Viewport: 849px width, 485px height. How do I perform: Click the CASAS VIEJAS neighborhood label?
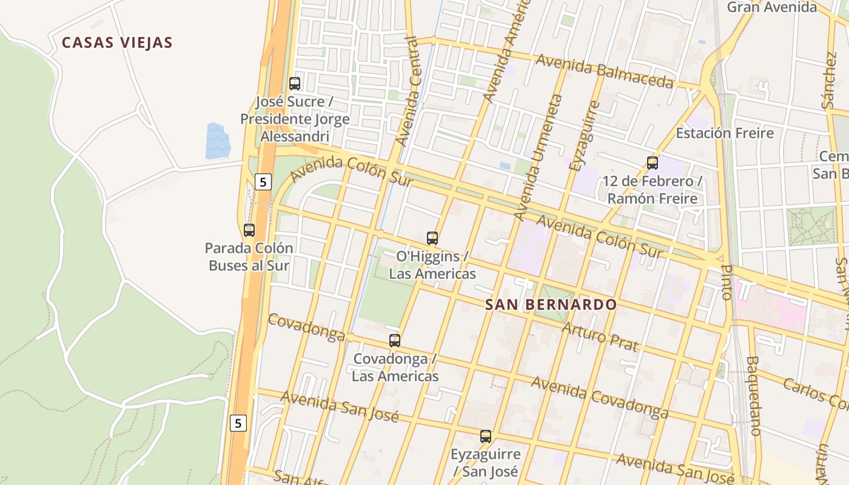[x=117, y=42]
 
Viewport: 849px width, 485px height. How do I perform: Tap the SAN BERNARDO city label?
[x=551, y=304]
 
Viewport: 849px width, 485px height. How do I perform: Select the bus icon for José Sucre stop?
[x=295, y=84]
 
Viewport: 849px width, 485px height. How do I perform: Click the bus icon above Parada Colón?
[x=249, y=230]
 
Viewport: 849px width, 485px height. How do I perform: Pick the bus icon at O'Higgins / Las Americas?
[x=432, y=238]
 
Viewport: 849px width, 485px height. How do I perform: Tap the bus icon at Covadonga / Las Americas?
[x=395, y=341]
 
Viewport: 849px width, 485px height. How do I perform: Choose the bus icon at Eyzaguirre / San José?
[x=486, y=436]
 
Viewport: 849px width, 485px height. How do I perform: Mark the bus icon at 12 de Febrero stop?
[x=653, y=163]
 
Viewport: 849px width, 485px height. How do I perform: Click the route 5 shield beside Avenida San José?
[x=238, y=423]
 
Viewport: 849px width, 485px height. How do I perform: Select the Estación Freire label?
[x=725, y=133]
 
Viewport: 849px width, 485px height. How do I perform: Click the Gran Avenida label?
[x=771, y=7]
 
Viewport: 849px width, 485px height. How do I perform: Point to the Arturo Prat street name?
[x=600, y=337]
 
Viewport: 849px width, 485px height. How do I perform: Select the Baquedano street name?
[x=753, y=395]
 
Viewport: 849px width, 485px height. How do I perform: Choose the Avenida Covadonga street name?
[x=600, y=397]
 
